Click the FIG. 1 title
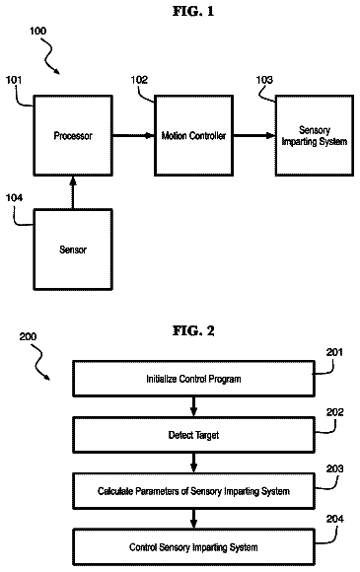coord(193,11)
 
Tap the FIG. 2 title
coord(193,330)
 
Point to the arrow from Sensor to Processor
coord(73,192)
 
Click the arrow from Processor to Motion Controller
coord(133,136)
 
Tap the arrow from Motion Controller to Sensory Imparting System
coord(254,136)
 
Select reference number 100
coord(37,31)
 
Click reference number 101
coord(14,80)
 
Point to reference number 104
coord(14,197)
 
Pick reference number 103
coord(264,80)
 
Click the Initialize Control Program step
coord(193,379)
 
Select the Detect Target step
coord(193,435)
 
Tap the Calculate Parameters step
coord(193,491)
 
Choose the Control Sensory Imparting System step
coord(193,547)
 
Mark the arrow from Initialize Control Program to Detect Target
coord(193,406)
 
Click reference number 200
coord(28,336)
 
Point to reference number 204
coord(334,519)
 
